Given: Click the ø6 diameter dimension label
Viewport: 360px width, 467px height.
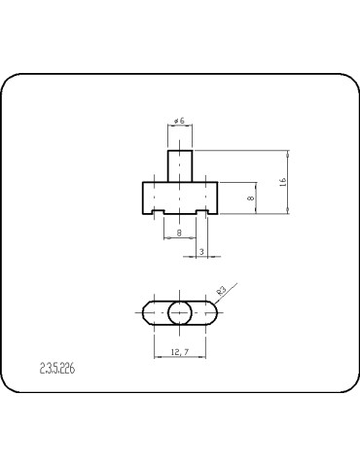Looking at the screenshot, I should pyautogui.click(x=179, y=120).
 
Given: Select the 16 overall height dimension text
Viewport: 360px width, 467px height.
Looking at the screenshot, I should pyautogui.click(x=282, y=183).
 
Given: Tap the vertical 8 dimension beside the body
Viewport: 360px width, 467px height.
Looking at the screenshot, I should pyautogui.click(x=251, y=198).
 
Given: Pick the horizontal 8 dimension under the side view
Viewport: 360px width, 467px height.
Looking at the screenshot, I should pyautogui.click(x=179, y=233).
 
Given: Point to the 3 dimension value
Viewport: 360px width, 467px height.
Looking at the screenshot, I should pyautogui.click(x=200, y=252).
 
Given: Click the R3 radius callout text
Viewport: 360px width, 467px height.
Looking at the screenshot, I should pyautogui.click(x=222, y=291).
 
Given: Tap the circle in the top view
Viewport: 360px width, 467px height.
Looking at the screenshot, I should pyautogui.click(x=179, y=313).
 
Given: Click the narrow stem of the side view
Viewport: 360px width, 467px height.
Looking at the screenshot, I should pyautogui.click(x=179, y=165).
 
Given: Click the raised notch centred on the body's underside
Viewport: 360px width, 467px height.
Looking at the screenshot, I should pyautogui.click(x=179, y=211).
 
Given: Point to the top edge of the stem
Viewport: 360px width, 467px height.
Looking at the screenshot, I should pyautogui.click(x=179, y=150).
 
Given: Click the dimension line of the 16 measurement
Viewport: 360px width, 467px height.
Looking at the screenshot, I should pyautogui.click(x=289, y=183).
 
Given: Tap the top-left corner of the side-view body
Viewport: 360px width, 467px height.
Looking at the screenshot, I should pyautogui.click(x=143, y=182).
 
